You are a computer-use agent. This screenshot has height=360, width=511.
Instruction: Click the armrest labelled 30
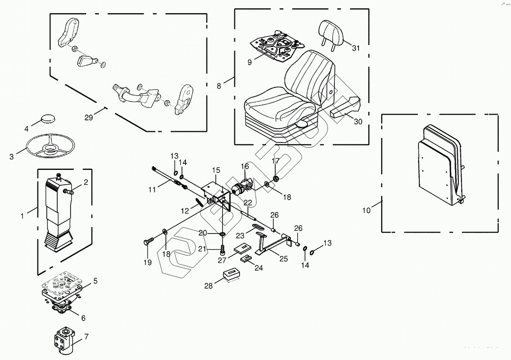[x=345, y=106]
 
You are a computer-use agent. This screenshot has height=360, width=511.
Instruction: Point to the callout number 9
[x=249, y=63]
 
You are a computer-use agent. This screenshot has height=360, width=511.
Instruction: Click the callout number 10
[x=366, y=211]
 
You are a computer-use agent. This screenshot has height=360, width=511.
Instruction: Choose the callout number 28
[x=208, y=286]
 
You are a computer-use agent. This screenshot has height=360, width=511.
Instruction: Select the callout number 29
[x=88, y=118]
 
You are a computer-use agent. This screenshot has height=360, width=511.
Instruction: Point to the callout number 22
[x=248, y=202]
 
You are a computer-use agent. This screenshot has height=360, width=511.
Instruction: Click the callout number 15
[x=216, y=170]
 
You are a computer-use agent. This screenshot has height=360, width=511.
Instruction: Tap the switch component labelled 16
[x=242, y=186]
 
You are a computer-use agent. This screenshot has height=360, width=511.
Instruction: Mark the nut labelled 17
[x=276, y=178]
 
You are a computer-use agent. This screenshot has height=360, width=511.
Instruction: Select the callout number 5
[x=95, y=281]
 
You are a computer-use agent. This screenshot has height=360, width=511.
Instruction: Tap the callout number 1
[x=22, y=216]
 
